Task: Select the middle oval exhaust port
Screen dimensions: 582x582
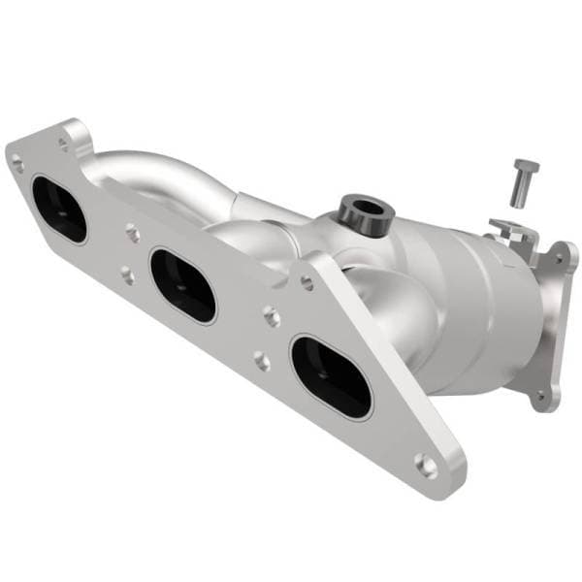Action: click(182, 284)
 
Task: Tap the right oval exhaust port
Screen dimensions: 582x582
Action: click(331, 376)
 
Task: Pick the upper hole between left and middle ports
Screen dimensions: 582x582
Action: click(133, 233)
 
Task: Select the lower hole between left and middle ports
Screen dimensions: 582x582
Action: click(127, 275)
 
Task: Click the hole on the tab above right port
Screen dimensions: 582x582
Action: click(307, 282)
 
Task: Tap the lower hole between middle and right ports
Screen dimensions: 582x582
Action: click(262, 361)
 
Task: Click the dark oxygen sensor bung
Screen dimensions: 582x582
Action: click(363, 211)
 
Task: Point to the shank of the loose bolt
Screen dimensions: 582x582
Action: click(519, 186)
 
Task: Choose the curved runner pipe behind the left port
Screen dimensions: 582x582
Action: click(145, 175)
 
